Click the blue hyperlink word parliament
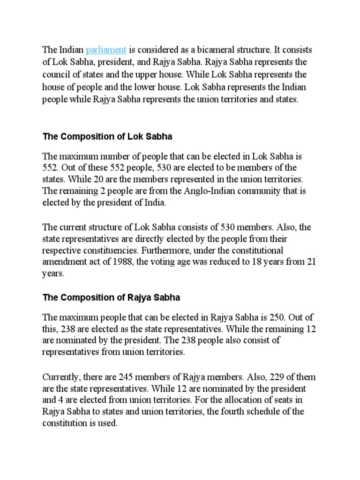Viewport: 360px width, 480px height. click(106, 50)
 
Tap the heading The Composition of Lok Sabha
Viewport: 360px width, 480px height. click(107, 137)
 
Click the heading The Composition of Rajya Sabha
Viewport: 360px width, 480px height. click(112, 298)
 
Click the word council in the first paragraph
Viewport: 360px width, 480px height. click(58, 74)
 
